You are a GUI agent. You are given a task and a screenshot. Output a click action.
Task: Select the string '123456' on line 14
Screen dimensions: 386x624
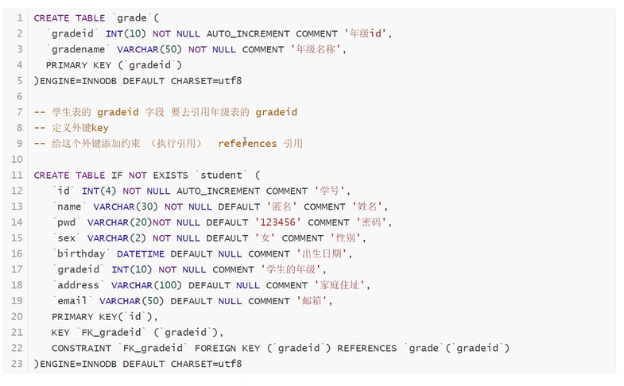pos(277,222)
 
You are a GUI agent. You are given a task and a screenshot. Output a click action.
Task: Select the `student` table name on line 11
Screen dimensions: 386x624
pos(221,175)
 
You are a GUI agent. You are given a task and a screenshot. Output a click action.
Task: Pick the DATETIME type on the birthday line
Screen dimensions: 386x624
pos(144,254)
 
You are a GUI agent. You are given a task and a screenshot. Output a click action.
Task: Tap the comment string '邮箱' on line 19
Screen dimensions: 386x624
pos(312,301)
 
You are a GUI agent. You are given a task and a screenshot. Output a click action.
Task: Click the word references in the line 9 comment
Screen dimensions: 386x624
pos(247,144)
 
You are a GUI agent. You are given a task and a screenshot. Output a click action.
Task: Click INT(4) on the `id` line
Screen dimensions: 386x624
pos(99,191)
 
